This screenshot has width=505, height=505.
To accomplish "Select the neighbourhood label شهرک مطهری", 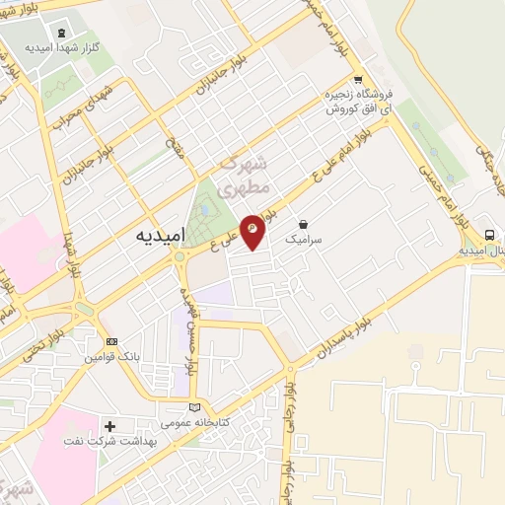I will point(237,174).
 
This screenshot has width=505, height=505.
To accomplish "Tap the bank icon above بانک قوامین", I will point(111,341).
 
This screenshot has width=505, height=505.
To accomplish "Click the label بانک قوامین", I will point(111,355).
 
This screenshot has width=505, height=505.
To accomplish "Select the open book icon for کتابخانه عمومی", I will point(194,407).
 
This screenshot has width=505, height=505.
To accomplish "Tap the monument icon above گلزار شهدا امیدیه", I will point(61,34).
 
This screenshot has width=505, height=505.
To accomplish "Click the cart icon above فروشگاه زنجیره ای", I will point(359,81).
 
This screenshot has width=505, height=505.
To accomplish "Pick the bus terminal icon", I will point(489,235).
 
